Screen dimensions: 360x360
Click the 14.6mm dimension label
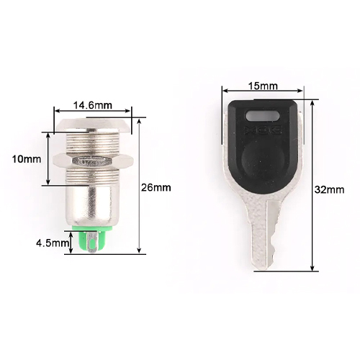coord(93,105)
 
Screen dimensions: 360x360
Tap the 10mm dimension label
coord(27,159)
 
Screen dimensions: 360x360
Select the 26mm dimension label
coord(156,187)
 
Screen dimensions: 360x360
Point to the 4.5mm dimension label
coord(52,243)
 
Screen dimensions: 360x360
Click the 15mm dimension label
coord(263,86)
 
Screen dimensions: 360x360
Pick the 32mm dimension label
coord(329,189)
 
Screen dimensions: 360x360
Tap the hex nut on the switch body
coord(91,161)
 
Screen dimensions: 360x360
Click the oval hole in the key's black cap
coord(263,116)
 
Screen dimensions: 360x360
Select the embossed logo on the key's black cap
coord(263,130)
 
